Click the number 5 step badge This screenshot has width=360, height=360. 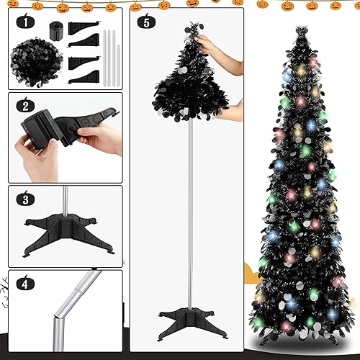(x=147, y=22)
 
